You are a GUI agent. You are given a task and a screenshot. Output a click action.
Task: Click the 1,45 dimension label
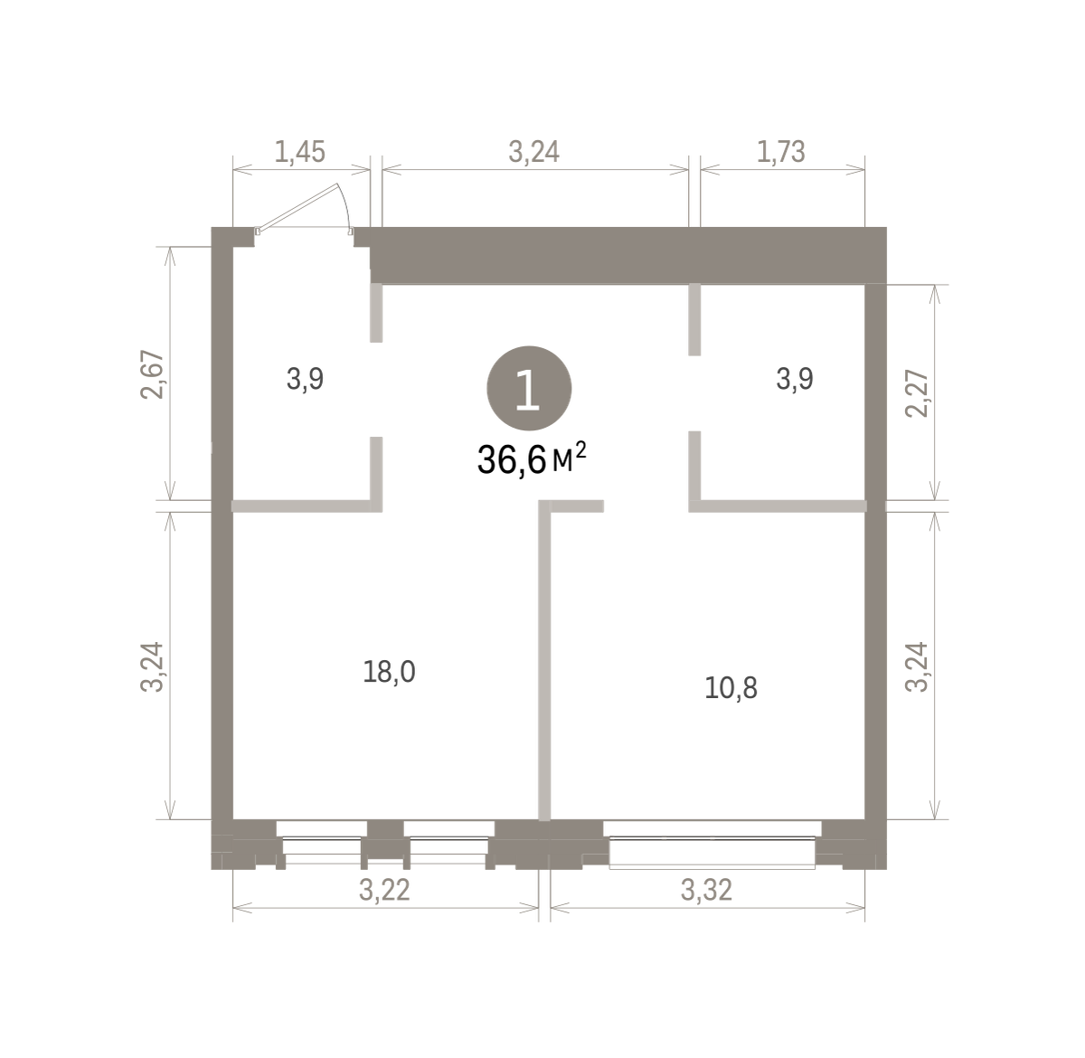[x=300, y=152]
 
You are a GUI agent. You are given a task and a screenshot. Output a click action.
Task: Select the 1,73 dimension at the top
[x=780, y=152]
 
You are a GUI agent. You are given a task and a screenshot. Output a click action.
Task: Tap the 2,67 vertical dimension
[x=152, y=374]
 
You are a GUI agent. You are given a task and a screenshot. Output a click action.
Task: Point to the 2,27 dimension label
[x=917, y=393]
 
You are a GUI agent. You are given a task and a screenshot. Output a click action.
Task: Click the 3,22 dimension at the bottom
[x=384, y=890]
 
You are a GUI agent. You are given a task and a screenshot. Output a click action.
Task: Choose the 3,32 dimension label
[x=706, y=890]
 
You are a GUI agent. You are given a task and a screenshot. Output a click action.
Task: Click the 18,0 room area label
[x=389, y=672]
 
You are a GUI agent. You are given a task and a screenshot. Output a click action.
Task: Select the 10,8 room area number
[x=731, y=687]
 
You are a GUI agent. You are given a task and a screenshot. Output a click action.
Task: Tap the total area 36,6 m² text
[x=532, y=459]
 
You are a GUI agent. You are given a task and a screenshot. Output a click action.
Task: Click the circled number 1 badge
[x=529, y=389]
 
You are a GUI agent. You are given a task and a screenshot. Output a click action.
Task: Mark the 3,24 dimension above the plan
[x=534, y=152]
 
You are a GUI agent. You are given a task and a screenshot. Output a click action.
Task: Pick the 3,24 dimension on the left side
[x=152, y=667]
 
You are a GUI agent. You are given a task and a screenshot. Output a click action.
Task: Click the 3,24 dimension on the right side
[x=917, y=667]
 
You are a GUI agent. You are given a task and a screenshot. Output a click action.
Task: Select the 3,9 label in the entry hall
[x=305, y=379]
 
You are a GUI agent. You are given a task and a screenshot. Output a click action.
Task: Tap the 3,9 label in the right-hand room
[x=795, y=379]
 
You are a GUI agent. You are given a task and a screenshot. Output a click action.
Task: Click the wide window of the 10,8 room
[x=712, y=844]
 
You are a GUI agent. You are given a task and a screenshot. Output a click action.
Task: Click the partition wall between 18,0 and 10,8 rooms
[x=544, y=660]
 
